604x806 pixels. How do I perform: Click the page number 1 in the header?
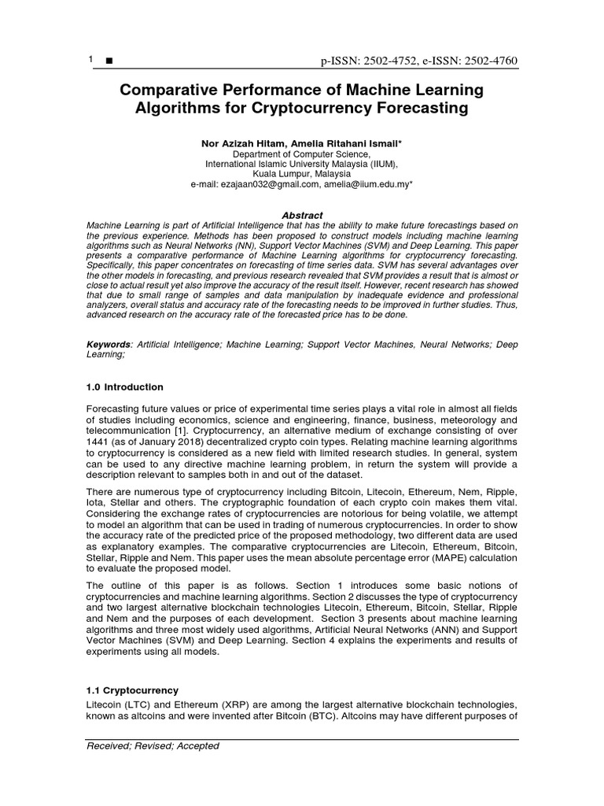tap(91, 61)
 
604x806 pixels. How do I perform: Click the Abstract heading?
tap(302, 216)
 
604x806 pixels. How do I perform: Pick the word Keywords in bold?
tap(109, 345)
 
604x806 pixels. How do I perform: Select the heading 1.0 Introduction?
tap(125, 387)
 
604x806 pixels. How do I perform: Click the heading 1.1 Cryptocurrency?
tap(132, 690)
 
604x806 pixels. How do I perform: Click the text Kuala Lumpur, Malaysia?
tap(302, 173)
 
